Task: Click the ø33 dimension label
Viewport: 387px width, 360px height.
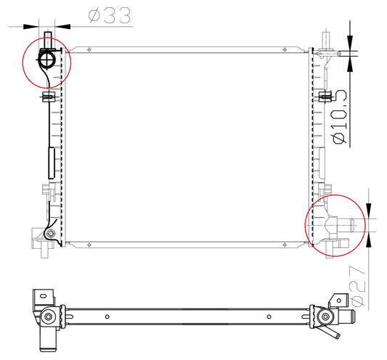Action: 110,15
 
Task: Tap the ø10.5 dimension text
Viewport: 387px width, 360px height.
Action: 340,116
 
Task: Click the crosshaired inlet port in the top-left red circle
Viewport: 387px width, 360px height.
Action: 46,60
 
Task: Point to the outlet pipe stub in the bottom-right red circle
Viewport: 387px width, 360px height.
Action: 345,225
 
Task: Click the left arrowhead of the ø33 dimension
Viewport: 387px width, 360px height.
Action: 31,26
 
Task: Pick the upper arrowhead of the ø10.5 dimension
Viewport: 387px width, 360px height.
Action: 350,43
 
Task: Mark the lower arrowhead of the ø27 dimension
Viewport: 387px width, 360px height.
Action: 369,239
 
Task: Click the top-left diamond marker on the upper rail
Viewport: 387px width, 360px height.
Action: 89,50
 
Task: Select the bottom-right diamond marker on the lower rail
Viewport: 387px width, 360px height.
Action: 285,245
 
